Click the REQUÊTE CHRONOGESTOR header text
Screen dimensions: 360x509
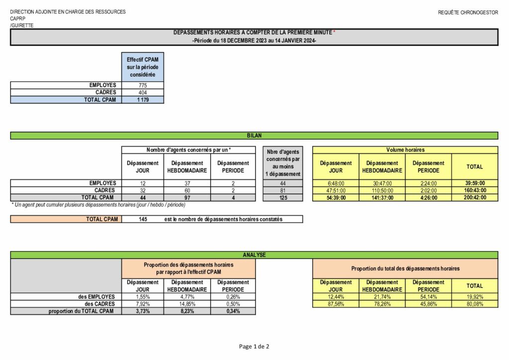coord(468,12)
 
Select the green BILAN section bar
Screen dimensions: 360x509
coord(254,135)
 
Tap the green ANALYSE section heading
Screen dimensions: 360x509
coord(254,255)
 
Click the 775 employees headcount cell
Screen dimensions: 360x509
coord(142,86)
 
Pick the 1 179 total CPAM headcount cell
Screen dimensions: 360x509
coord(142,99)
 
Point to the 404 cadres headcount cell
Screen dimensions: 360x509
coord(142,92)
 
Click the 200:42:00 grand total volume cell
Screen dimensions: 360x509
coord(474,197)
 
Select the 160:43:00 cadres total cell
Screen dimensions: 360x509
coord(474,190)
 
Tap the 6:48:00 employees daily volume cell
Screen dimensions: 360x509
coord(336,183)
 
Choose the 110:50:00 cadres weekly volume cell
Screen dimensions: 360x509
coord(382,190)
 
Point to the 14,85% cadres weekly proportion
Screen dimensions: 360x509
coord(187,304)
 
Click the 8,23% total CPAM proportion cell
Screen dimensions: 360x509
coord(187,311)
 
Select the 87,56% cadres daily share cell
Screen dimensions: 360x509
coord(336,304)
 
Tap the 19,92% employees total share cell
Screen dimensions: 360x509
coord(474,297)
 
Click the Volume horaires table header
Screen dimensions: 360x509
coord(405,150)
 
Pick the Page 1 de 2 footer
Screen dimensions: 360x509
coord(254,347)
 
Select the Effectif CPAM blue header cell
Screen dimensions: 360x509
coord(142,67)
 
